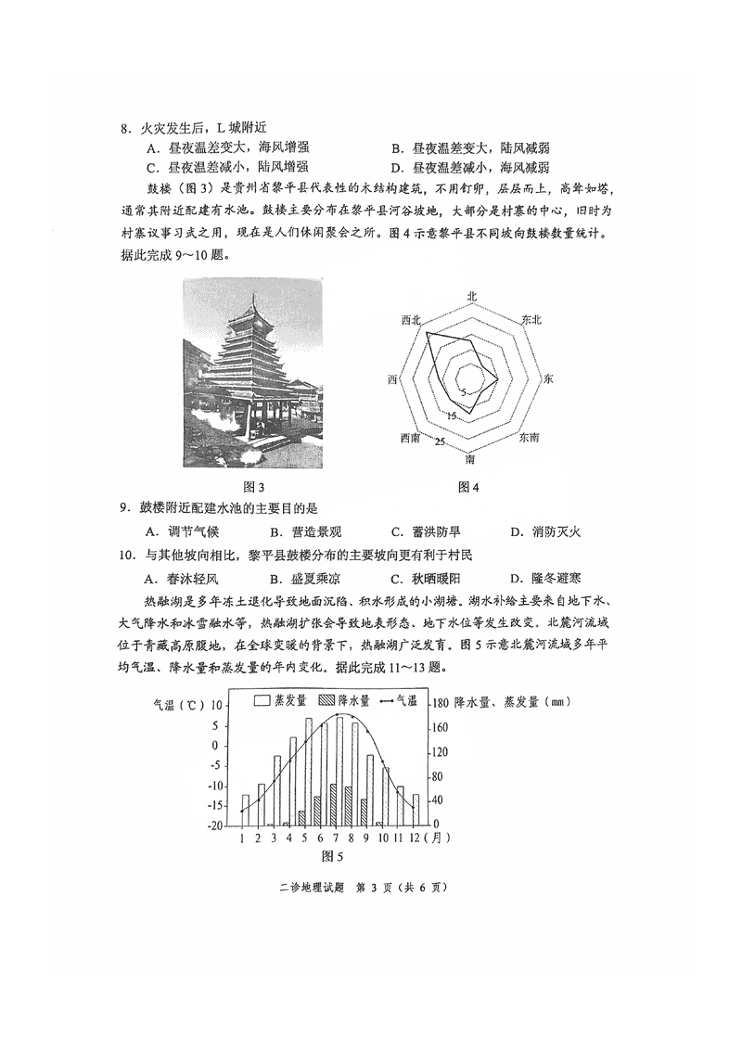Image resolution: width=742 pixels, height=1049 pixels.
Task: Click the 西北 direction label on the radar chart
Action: (411, 319)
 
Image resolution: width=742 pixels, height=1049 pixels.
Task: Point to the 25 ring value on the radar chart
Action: (441, 441)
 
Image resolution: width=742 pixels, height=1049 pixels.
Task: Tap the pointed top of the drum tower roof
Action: (256, 296)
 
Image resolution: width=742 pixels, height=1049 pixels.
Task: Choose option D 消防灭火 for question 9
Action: (545, 531)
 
